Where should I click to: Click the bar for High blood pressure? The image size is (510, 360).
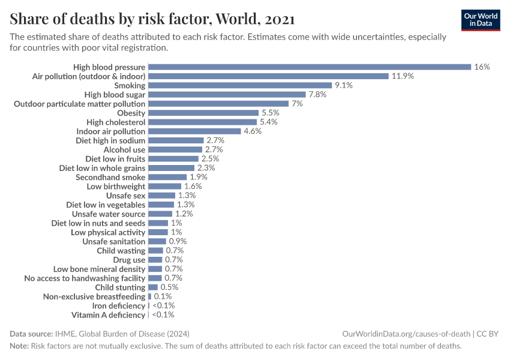(x=309, y=67)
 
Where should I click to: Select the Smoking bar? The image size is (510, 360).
(x=240, y=86)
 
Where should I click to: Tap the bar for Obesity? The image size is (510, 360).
(x=203, y=113)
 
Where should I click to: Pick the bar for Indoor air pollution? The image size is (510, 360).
(x=194, y=131)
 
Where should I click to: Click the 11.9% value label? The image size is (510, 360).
(x=403, y=76)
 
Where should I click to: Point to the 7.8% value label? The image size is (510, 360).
(x=318, y=95)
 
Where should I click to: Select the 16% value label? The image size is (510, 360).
(x=482, y=67)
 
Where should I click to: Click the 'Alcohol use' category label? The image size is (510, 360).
(x=124, y=149)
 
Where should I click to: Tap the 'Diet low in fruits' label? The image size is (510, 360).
(x=115, y=159)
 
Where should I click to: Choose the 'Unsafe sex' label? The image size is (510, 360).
(x=125, y=196)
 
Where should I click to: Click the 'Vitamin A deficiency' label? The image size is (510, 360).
(x=108, y=315)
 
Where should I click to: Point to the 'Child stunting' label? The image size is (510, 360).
(x=120, y=287)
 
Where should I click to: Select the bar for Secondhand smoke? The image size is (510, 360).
(x=167, y=177)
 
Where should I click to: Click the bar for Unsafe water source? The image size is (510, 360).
(x=160, y=214)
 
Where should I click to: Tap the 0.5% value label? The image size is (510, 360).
(x=169, y=287)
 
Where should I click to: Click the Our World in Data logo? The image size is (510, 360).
(x=481, y=20)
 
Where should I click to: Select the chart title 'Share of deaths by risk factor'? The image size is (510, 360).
(x=152, y=19)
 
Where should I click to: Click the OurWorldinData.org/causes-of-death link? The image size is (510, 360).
(x=406, y=334)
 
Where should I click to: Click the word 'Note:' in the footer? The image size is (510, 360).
(x=19, y=346)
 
